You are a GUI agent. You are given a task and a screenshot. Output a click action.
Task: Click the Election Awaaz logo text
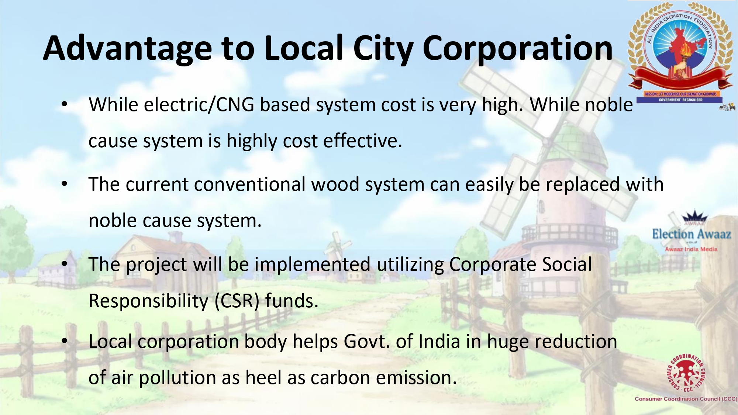click(x=692, y=234)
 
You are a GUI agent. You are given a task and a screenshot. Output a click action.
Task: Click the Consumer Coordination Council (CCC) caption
click(x=686, y=399)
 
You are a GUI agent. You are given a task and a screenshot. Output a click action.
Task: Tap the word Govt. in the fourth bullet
click(x=367, y=342)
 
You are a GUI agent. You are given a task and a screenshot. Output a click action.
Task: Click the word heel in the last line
click(x=263, y=377)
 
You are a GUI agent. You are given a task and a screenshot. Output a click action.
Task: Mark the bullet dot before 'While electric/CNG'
click(x=65, y=105)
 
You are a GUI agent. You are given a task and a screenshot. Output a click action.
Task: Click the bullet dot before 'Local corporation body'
click(x=65, y=342)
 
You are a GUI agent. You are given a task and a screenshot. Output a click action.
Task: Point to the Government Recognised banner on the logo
click(x=681, y=100)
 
